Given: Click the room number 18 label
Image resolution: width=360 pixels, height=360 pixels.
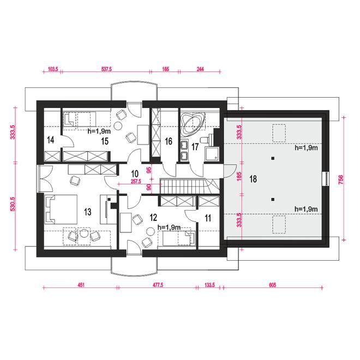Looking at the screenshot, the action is point(253,179).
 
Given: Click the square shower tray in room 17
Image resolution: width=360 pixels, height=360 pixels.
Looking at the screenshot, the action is point(212,154).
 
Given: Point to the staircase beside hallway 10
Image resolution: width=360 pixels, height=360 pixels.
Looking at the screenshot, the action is point(190,186).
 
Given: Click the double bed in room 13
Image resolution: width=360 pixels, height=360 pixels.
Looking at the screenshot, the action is point(61,209).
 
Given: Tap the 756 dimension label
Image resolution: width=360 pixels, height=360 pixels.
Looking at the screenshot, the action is point(341,179).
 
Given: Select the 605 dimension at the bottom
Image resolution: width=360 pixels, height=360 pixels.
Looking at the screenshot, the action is point(272,285).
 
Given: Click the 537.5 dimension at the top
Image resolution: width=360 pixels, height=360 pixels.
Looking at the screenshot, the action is point(106,69).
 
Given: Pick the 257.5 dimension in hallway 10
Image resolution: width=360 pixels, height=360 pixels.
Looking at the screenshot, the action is point(136,182).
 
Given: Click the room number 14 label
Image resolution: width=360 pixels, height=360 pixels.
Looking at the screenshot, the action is point(51,140).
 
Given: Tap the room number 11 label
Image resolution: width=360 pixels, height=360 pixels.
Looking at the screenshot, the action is point(208,218).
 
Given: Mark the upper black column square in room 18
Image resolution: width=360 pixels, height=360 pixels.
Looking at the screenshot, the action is point(273,158).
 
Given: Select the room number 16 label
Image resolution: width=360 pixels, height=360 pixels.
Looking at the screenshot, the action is point(169,141).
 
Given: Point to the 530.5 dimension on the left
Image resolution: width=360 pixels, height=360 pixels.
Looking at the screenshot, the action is point(13,204).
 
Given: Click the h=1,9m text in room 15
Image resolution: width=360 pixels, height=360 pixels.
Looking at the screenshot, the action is point(99,131).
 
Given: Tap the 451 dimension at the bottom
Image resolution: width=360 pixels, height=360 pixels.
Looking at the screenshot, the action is point(81,285).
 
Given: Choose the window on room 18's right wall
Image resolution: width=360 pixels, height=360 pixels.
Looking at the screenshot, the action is point(326,179).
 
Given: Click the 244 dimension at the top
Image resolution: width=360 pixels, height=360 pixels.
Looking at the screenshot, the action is point(200,69).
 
